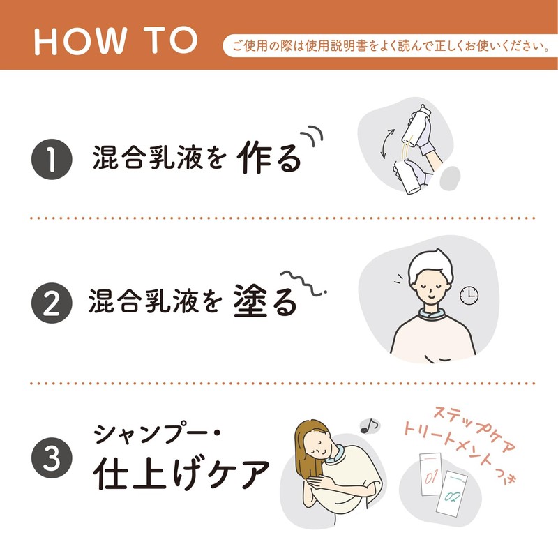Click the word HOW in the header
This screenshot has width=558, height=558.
click(x=80, y=41)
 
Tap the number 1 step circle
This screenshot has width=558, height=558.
click(x=52, y=159)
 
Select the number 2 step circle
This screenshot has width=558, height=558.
click(x=52, y=303)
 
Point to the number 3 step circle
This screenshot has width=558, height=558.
click(x=52, y=458)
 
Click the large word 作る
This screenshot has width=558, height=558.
click(x=269, y=158)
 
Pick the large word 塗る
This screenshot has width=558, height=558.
click(x=265, y=301)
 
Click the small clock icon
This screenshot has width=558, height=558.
click(x=469, y=295)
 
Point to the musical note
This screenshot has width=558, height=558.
click(x=370, y=425)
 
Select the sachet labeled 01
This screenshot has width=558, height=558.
click(x=431, y=474)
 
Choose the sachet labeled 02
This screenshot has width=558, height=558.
click(x=452, y=493)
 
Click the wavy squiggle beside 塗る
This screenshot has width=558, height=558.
click(x=303, y=283)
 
